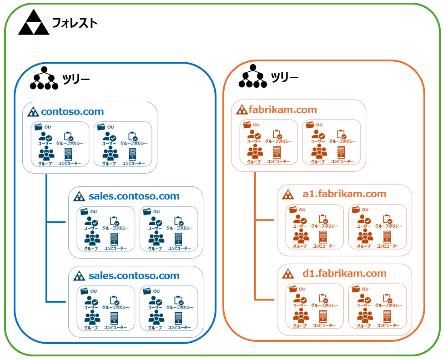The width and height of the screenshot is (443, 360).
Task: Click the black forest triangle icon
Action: pyautogui.click(x=33, y=24)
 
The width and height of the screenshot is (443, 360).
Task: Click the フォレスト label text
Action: pyautogui.click(x=75, y=23)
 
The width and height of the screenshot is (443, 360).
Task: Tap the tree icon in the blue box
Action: pyautogui.click(x=44, y=79)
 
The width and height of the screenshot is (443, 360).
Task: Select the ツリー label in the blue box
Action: pyautogui.click(x=76, y=80)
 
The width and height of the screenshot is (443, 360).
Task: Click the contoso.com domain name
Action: pyautogui.click(x=72, y=111)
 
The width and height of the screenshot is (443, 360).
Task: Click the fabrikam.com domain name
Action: pyautogui.click(x=282, y=110)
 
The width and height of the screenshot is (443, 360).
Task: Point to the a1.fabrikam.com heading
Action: pyautogui.click(x=344, y=194)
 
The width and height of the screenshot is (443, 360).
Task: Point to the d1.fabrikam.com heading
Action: pyautogui.click(x=344, y=274)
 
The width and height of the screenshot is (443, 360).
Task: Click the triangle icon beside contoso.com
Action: pyautogui.click(x=33, y=112)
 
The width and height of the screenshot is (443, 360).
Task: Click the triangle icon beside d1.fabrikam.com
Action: pyautogui.click(x=288, y=274)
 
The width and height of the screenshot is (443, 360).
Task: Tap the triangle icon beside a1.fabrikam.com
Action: pyautogui.click(x=288, y=195)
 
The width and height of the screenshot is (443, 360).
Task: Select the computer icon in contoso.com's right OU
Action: pyautogui.click(x=132, y=153)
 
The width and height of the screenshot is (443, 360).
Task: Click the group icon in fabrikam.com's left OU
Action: pyautogui.click(x=254, y=151)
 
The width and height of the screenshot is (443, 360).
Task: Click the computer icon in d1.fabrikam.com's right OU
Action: pyautogui.click(x=387, y=315)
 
